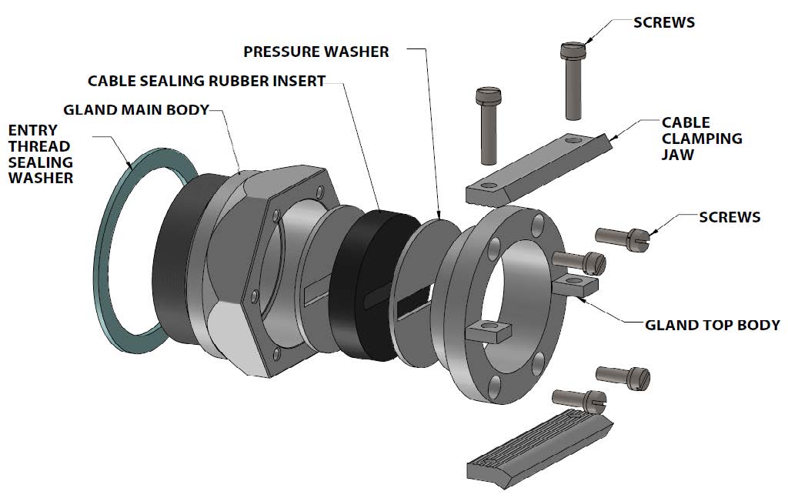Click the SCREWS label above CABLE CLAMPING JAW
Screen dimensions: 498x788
pos(663,22)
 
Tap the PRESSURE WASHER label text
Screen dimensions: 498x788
pos(316,52)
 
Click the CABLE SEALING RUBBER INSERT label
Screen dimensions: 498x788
pos(206,81)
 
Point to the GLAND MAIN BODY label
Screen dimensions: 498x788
pos(136,109)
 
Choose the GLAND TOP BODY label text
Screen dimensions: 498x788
pos(712,325)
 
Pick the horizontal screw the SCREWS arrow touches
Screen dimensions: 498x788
pos(625,239)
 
